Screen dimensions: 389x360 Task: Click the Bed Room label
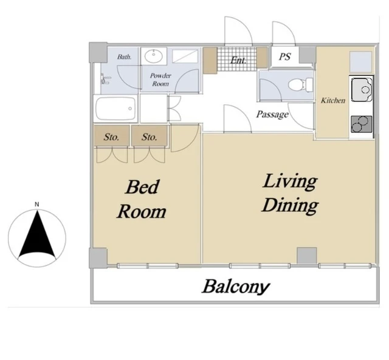click(142, 200)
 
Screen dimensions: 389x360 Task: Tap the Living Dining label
click(290, 194)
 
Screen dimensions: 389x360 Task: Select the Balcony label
click(236, 287)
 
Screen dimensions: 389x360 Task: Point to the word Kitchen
click(333, 100)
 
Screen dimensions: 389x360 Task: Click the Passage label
click(272, 114)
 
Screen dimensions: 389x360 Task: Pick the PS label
click(284, 56)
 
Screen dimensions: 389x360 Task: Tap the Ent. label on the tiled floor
click(238, 60)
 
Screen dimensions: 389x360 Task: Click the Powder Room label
click(160, 80)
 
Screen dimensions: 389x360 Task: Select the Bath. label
click(124, 56)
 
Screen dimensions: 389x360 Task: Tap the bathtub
click(115, 109)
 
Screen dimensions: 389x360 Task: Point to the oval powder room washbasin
click(154, 56)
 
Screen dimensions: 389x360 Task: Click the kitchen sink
click(362, 89)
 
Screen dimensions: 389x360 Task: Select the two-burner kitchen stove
click(362, 124)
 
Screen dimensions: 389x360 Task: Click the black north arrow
click(37, 236)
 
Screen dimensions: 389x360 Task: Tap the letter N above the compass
click(37, 205)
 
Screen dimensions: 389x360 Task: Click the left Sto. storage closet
click(112, 136)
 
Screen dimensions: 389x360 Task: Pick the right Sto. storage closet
click(150, 136)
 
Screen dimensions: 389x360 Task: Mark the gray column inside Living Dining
click(307, 256)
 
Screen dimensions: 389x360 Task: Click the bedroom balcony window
click(147, 266)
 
